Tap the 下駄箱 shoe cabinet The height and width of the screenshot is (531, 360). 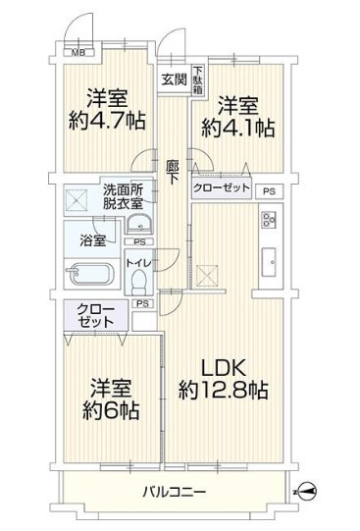[197, 80]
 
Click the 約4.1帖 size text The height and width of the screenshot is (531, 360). [237, 128]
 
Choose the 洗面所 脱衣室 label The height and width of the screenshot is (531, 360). [123, 195]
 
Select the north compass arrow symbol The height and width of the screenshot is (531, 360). [306, 490]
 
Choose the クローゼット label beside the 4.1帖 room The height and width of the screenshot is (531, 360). [221, 186]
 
